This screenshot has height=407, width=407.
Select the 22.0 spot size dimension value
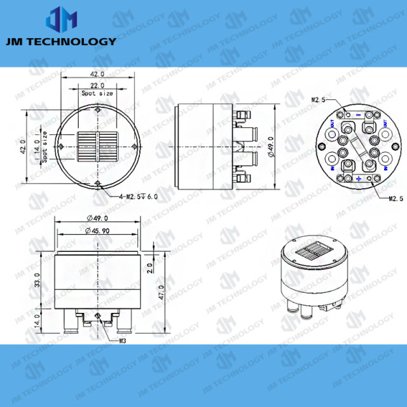(x=97, y=85)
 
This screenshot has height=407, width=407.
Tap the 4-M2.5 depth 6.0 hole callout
(x=138, y=197)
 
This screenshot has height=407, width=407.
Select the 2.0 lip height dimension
(x=149, y=267)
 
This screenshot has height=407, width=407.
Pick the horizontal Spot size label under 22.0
(x=97, y=93)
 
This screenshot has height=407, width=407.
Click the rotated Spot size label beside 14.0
(x=46, y=151)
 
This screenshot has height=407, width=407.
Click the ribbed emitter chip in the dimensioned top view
(x=97, y=146)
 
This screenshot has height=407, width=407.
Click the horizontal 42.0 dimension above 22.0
(x=97, y=74)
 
